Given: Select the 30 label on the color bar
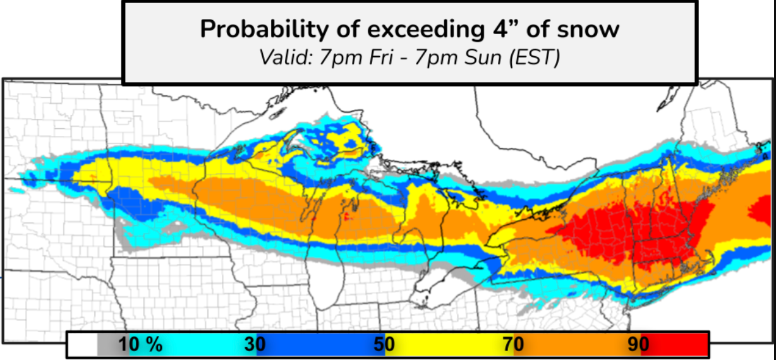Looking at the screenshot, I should point(255,345).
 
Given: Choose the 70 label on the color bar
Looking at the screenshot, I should point(511,345).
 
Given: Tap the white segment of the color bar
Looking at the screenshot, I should point(83,345).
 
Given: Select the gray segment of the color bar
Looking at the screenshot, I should point(107,345).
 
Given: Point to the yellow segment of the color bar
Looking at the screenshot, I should point(449,345).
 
